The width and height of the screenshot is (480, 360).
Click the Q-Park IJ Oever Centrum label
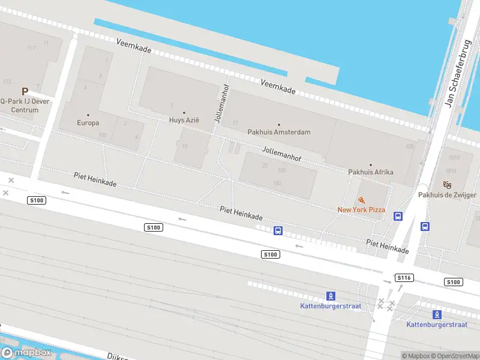pos(25,106)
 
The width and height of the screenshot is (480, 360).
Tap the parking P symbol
pos(25,92)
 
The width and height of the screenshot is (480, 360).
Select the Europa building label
pos(88,123)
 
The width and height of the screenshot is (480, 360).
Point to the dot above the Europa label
pos(88,115)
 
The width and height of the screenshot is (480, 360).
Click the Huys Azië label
pos(184,121)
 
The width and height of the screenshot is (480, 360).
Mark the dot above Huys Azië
pos(184,113)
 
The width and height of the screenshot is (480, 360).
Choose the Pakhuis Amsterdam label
pos(279,132)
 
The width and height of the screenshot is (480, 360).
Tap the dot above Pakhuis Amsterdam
pos(279,124)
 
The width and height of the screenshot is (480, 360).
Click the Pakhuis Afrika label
pos(371,172)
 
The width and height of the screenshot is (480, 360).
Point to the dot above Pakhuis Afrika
pos(371,164)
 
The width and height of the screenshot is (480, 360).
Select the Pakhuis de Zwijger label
pos(447,195)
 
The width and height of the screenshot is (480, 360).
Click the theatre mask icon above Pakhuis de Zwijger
pos(447,185)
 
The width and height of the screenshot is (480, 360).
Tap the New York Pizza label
pos(361,210)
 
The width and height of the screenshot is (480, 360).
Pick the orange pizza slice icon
pos(361,200)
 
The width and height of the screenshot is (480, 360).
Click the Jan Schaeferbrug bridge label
pos(456,73)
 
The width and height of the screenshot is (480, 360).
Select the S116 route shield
pos(404,278)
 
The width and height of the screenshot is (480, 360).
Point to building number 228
pos(410,146)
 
